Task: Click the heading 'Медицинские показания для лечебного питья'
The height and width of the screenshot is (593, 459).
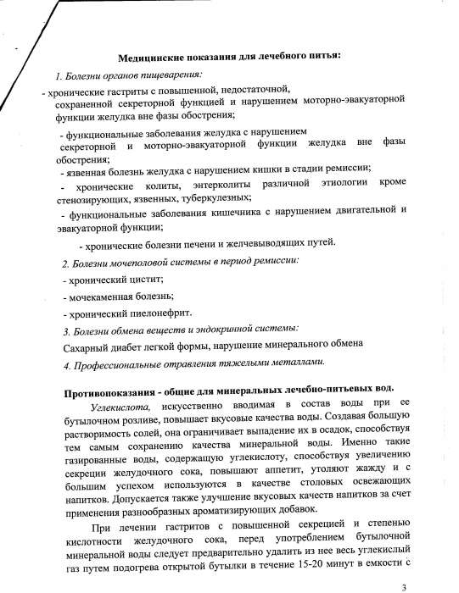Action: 230,56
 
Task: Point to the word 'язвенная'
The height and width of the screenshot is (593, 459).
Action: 86,170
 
